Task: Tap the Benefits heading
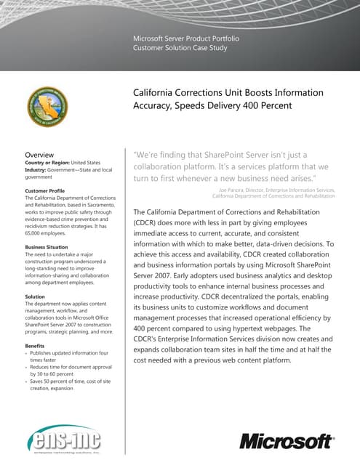[37, 344]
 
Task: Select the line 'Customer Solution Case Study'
[180, 47]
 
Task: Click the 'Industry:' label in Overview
[39, 171]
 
